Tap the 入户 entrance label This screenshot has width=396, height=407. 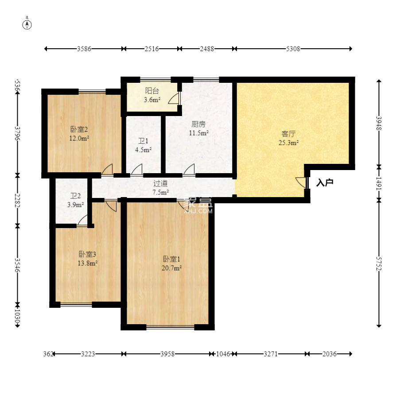pos(325,183)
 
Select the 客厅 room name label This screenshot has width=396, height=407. pos(288,134)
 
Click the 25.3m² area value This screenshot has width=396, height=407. pos(288,143)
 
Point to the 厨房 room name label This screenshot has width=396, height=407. pos(198,124)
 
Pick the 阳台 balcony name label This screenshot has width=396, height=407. pos(152,91)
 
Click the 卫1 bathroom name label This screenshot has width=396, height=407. pos(143,141)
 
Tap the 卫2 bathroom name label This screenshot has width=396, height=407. pos(75,196)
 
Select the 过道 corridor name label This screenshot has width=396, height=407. pos(160,183)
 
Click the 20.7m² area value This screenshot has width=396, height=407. pos(171,268)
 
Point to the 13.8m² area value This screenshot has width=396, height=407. pos(88,263)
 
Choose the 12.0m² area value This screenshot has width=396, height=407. pos(79,138)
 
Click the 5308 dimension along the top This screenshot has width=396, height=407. pos(293,49)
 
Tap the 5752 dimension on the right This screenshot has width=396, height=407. pos(379,264)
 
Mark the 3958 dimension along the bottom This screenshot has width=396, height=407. pos(167,354)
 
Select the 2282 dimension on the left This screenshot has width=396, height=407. pos(18,200)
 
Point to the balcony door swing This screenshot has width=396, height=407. pos(175,98)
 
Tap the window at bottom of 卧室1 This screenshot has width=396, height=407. pos(171,327)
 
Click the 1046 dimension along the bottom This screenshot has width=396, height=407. pos(223,354)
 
